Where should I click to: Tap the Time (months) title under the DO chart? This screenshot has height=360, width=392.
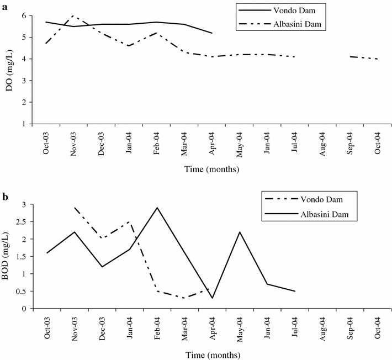point(212,170)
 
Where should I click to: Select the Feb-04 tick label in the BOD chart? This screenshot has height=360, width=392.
point(157,329)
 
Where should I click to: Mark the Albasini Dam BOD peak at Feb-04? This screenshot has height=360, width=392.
point(157,208)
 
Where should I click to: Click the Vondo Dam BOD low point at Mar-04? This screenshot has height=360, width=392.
point(184,298)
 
